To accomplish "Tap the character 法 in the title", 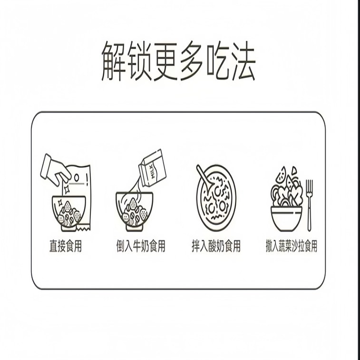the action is pos(243,61).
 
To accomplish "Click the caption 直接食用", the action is pos(66,246).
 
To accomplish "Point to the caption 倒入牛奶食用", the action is pos(141,246).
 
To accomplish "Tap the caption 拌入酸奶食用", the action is pos(216,246).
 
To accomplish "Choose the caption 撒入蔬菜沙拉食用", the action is pos(292,246).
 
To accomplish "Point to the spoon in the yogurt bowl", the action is pos(205,177).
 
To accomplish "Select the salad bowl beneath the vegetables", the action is pos(287,219).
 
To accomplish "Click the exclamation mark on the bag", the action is pos(87,180).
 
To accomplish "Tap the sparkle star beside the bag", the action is pos(67,189).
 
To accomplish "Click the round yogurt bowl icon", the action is pos(216,198).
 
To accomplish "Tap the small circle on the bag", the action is pos(77,177).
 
